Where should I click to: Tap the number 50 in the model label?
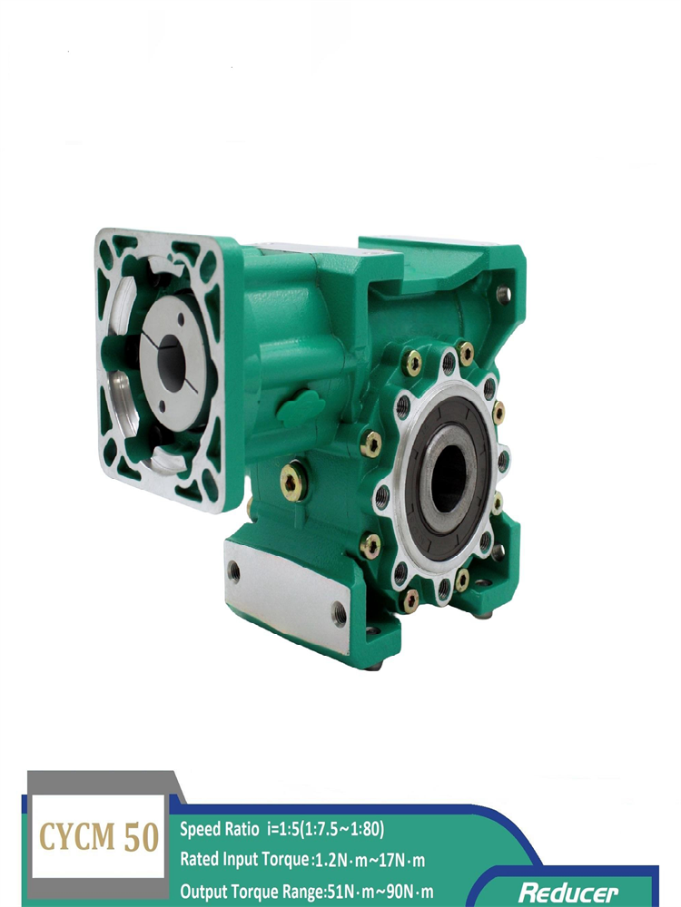[141, 836]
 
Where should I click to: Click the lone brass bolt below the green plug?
[291, 483]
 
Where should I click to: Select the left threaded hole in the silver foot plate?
[233, 571]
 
